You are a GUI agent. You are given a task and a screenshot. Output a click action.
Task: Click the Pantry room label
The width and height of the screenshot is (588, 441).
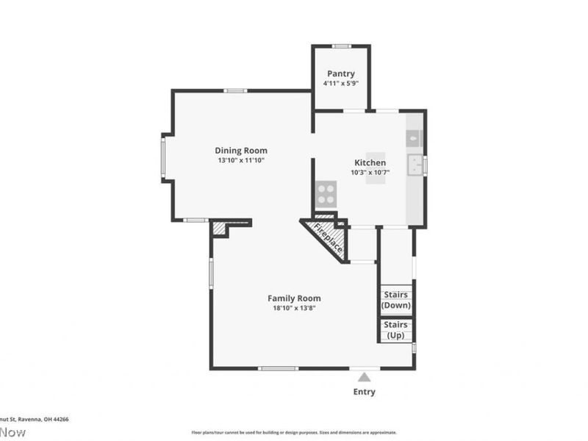[x=340, y=73]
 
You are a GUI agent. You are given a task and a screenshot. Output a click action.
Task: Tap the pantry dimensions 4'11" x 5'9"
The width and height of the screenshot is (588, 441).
[x=340, y=84]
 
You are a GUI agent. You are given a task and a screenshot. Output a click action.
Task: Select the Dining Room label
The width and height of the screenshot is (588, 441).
[x=241, y=151]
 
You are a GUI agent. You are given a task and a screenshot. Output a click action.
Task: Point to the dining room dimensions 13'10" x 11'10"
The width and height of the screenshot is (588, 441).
[x=241, y=160]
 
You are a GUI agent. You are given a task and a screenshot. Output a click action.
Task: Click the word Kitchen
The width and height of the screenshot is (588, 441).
[x=370, y=162]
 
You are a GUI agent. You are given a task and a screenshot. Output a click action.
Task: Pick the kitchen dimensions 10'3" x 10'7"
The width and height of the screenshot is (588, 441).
[x=370, y=173]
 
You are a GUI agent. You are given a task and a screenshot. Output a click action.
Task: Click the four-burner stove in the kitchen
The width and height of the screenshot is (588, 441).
[x=326, y=194]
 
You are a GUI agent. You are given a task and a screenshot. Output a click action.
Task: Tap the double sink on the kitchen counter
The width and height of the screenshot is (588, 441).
[x=415, y=165]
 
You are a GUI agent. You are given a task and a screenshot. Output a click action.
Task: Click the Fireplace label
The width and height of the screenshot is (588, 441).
[x=328, y=238]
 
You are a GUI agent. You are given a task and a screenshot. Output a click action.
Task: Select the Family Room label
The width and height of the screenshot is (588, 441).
[x=294, y=298]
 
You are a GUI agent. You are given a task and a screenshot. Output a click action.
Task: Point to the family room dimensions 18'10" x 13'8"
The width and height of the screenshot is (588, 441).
[x=294, y=308]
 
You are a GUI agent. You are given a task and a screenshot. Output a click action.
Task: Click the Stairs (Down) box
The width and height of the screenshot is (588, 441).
[x=396, y=300]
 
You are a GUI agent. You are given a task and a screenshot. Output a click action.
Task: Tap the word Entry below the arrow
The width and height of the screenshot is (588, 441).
[x=364, y=392]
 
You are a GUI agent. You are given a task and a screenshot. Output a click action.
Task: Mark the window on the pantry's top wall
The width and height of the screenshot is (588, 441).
[x=340, y=46]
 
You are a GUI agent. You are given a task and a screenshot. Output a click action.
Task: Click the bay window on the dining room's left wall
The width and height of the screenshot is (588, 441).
[x=163, y=156]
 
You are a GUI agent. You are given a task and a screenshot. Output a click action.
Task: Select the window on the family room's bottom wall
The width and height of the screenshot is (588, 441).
[x=279, y=368]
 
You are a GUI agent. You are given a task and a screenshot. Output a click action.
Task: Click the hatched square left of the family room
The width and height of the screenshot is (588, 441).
[x=219, y=229]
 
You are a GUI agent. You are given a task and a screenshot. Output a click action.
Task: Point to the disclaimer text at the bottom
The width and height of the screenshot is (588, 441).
[x=294, y=433]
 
